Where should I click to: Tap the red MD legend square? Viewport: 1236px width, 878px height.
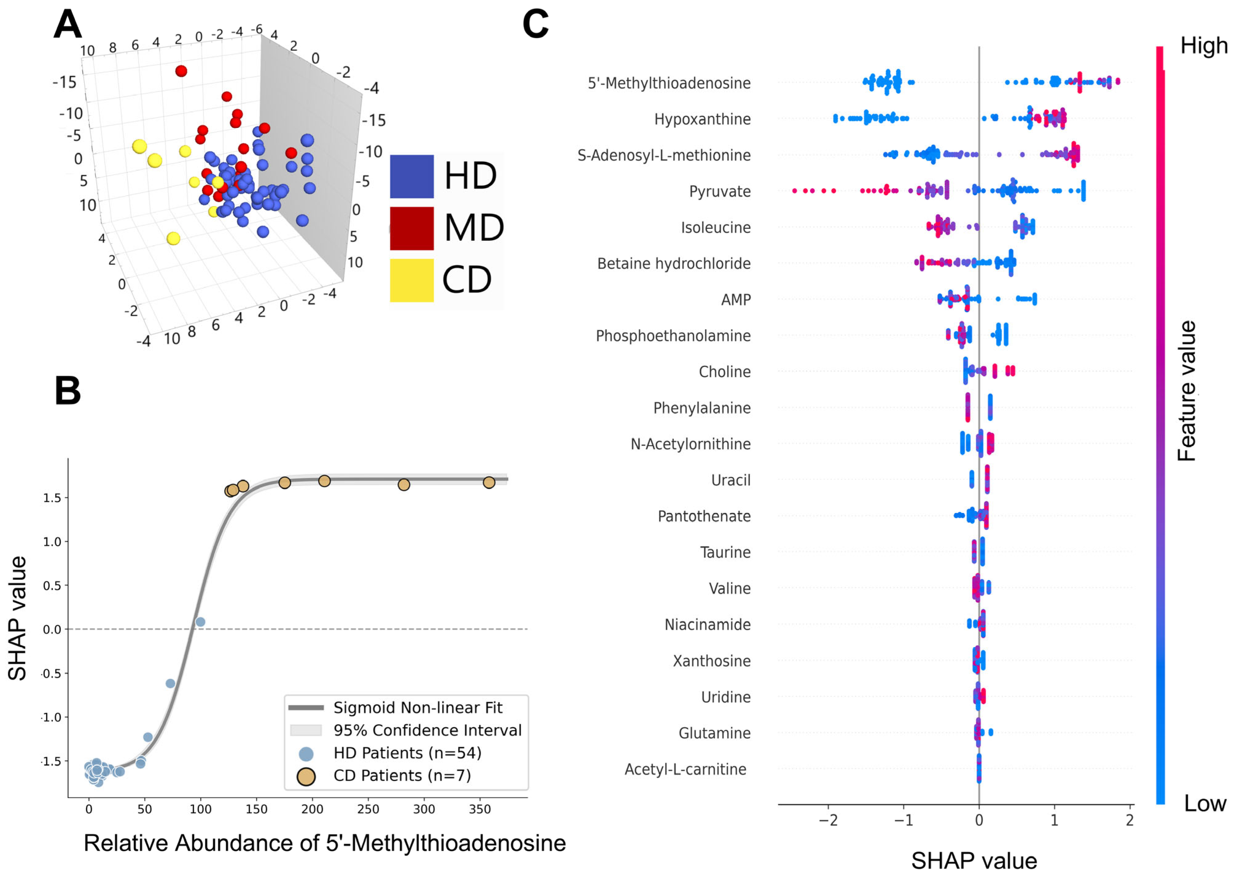(412, 228)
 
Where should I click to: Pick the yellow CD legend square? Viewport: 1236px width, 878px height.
(412, 280)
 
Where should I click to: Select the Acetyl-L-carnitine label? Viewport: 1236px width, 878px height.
(685, 769)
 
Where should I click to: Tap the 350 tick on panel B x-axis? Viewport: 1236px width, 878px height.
(479, 809)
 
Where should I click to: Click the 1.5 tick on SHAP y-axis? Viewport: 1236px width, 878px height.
(52, 498)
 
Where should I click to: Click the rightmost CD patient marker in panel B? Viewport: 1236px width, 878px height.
(488, 482)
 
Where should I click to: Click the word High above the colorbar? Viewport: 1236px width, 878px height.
(1203, 46)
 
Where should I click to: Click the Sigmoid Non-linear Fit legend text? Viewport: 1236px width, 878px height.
(418, 708)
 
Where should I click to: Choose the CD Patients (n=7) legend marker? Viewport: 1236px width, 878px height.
(306, 776)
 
